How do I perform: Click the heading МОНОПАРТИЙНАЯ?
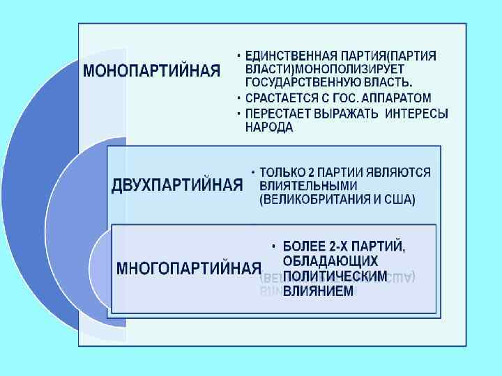tap(152, 71)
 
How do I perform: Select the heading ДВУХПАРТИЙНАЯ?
tap(177, 185)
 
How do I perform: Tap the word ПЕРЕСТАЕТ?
tap(274, 113)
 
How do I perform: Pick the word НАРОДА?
tap(268, 127)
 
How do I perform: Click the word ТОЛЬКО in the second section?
tap(279, 171)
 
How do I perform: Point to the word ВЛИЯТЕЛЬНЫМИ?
tap(307, 185)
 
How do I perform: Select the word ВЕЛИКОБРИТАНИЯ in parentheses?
tap(311, 200)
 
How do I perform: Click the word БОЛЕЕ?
tap(302, 246)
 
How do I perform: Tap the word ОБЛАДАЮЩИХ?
tap(330, 261)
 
